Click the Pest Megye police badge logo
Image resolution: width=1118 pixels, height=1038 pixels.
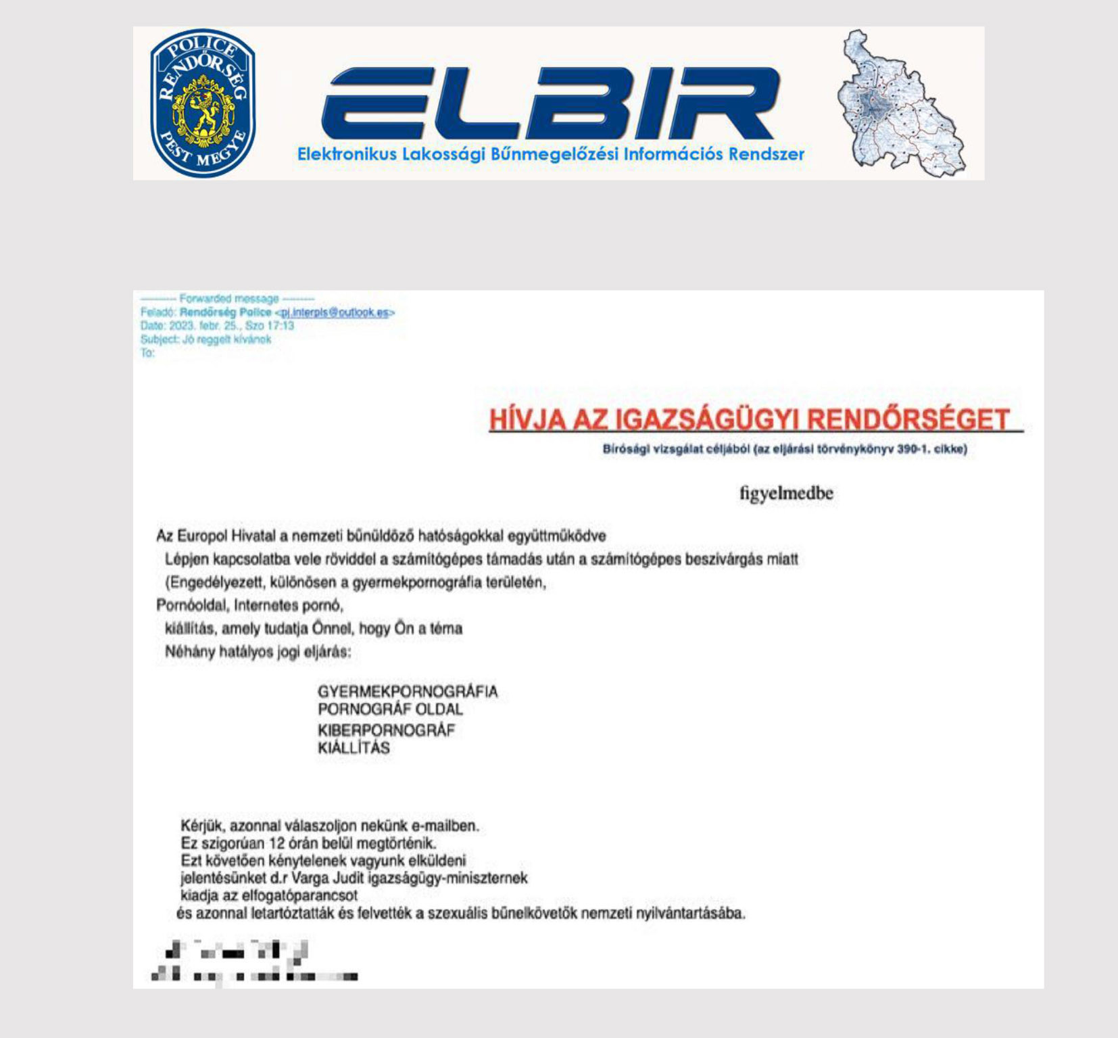point(202,103)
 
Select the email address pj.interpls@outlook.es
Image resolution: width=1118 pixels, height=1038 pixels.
point(335,312)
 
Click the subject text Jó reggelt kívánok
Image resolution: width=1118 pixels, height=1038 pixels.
point(226,339)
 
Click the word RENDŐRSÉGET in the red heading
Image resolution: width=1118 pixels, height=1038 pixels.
point(908,420)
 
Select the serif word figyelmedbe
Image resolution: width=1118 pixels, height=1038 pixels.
point(786,493)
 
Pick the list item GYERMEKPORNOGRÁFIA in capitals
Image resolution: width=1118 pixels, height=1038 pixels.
point(408,692)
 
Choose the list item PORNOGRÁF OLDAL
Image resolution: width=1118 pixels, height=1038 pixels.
point(390,709)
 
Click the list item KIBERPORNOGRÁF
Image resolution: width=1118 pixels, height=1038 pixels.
point(386,730)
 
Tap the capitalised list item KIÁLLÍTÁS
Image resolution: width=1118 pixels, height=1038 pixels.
point(354,748)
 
